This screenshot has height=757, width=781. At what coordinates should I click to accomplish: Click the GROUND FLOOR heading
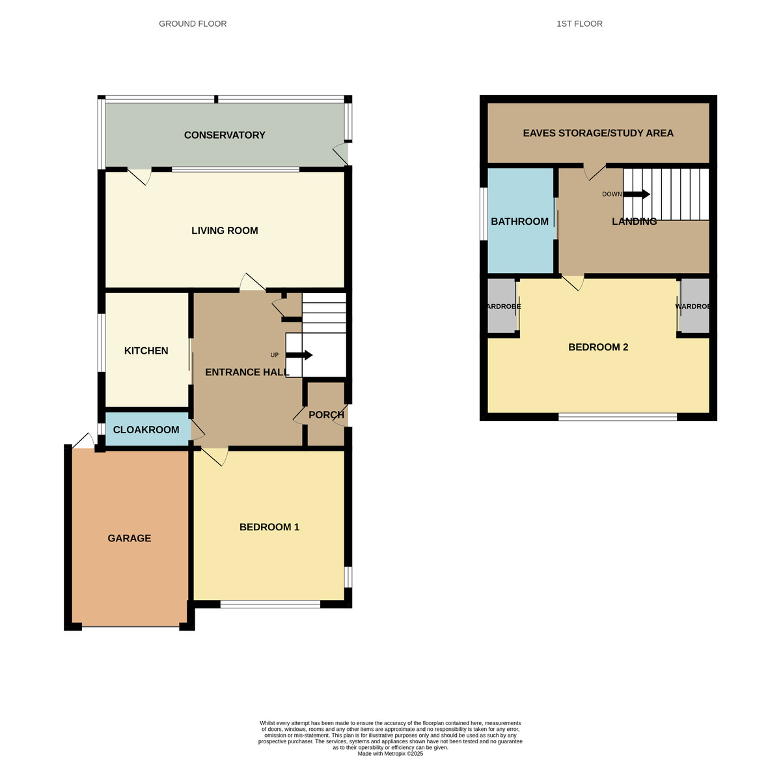[x=193, y=24]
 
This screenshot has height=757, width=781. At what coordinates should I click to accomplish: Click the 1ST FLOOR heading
[x=579, y=24]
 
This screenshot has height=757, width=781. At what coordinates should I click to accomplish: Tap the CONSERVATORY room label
[x=225, y=136]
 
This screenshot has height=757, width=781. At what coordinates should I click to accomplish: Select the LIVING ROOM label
[x=225, y=231]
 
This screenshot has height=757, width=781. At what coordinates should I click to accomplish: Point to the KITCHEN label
[x=146, y=351]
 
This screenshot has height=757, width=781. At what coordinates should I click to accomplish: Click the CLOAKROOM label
[x=146, y=430]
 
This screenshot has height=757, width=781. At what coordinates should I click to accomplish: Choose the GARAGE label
[x=130, y=539]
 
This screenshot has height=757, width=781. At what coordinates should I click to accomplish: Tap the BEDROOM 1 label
[x=269, y=527]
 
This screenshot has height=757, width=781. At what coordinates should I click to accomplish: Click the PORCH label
[x=326, y=415]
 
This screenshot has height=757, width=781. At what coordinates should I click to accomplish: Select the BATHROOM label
[x=519, y=221]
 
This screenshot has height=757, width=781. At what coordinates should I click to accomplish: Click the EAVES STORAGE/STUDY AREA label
[x=598, y=134]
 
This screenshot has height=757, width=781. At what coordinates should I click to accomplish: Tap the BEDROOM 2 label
[x=598, y=347]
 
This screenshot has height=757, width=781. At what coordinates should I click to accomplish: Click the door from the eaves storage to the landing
[x=595, y=170]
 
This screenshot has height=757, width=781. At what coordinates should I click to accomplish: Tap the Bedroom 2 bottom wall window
[x=617, y=417]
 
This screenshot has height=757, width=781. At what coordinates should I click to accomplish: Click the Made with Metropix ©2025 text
[x=390, y=753]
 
